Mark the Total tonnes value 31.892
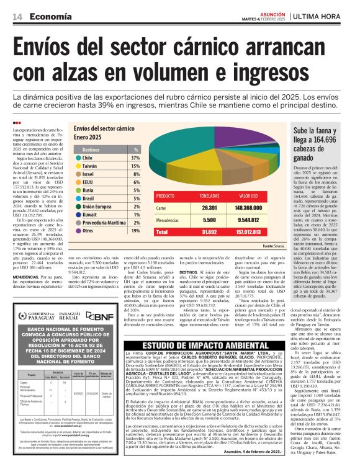[209, 233]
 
